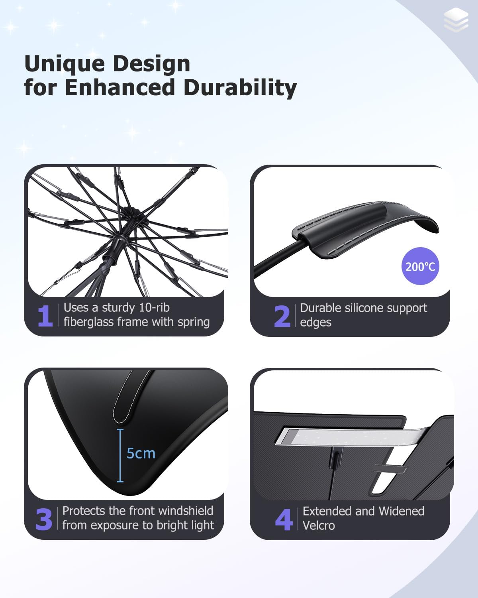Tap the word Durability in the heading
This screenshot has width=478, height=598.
[240, 88]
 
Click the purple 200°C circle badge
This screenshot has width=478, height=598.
[420, 266]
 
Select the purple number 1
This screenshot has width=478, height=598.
[45, 316]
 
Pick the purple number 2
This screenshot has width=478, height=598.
[282, 316]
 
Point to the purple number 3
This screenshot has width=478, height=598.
[44, 519]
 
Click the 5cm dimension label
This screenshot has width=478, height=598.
[141, 453]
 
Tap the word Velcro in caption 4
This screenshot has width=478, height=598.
[319, 525]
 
